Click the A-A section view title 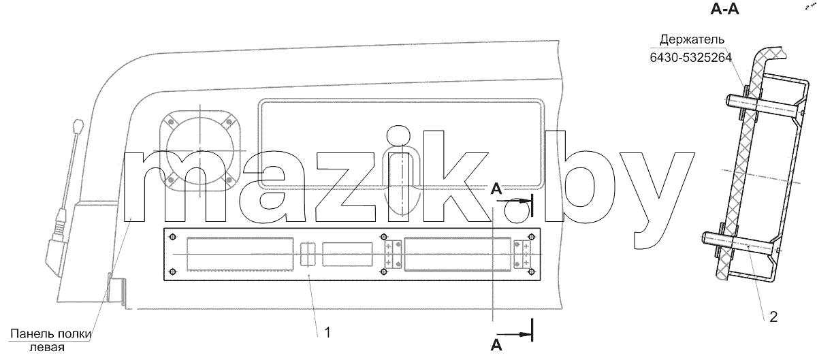coord(724,9)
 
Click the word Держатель coord(692,39)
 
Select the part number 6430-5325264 coord(691,58)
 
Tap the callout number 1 coord(327,332)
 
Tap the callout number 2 coord(773,316)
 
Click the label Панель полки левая coord(50,340)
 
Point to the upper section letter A coord(496,189)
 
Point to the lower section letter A coord(496,345)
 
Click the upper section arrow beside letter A coord(513,201)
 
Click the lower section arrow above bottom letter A coord(513,334)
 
